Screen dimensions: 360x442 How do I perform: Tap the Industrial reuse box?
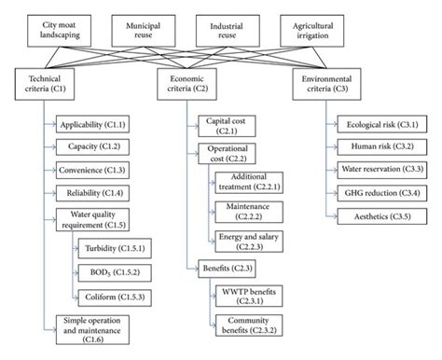[x=258, y=26]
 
